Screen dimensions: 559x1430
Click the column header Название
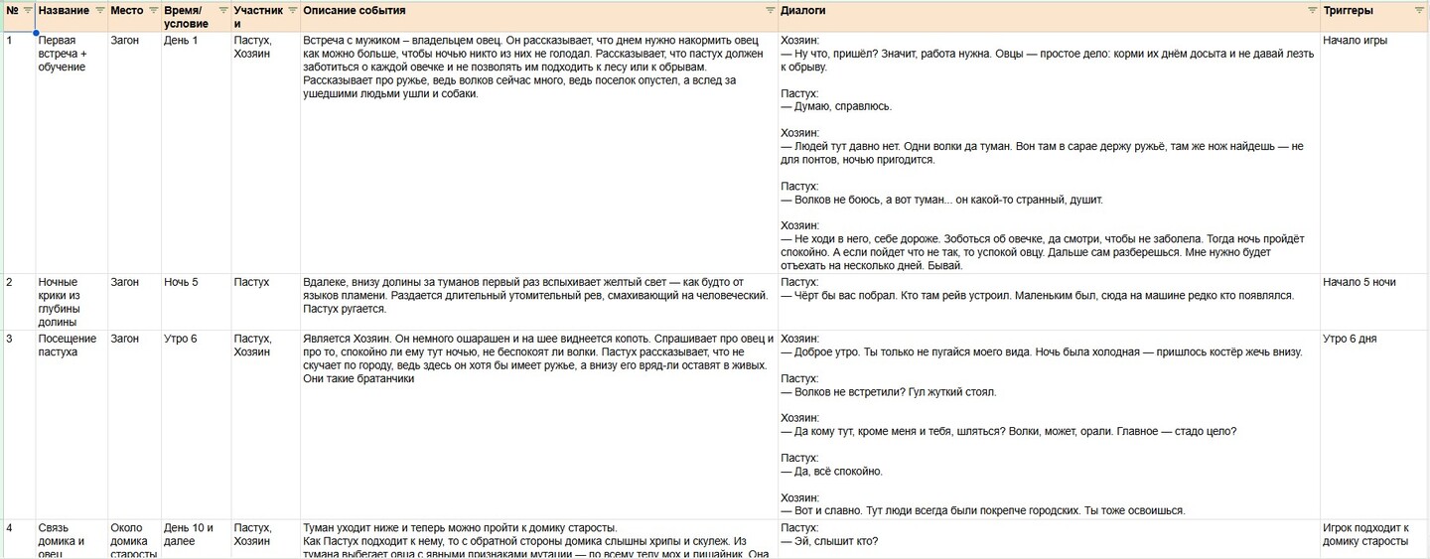click(x=64, y=10)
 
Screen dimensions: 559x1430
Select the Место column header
click(x=126, y=10)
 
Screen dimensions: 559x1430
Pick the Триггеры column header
click(x=1348, y=10)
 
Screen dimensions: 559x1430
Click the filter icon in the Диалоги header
click(x=1310, y=10)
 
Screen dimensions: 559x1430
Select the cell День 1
click(x=181, y=41)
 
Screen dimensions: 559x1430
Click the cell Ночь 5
click(x=181, y=282)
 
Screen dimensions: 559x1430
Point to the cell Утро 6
click(x=181, y=339)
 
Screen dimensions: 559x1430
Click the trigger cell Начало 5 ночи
click(x=1358, y=282)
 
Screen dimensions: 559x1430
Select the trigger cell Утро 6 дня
click(x=1350, y=339)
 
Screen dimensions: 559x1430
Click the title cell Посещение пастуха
click(x=68, y=346)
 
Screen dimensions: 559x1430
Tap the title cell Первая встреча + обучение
click(x=62, y=54)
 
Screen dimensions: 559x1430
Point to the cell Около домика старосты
click(x=133, y=540)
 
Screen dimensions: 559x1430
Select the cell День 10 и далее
click(x=189, y=534)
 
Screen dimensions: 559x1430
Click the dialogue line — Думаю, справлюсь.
click(x=836, y=106)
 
